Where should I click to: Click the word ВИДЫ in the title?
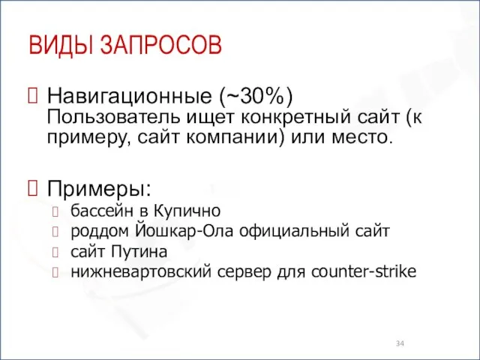[x=59, y=45]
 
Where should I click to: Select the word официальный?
[x=296, y=230]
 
